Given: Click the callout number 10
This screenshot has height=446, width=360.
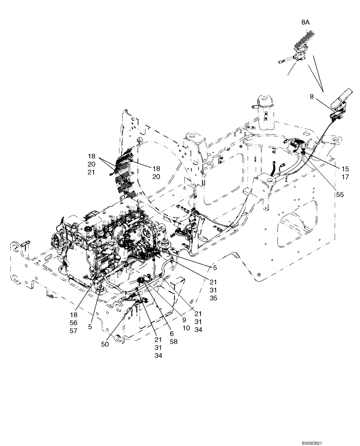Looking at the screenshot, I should pyautogui.click(x=186, y=327).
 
